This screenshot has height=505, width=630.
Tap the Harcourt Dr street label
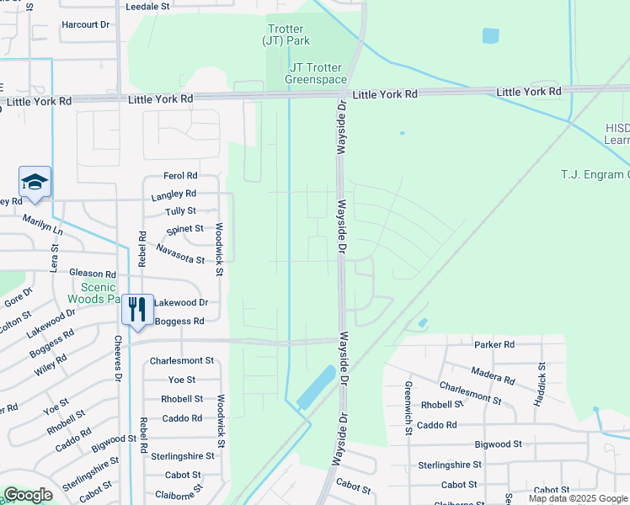click(x=86, y=24)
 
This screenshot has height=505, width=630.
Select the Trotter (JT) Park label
click(x=289, y=35)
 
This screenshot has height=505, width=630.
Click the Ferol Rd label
click(x=180, y=176)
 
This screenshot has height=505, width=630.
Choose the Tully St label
click(x=181, y=211)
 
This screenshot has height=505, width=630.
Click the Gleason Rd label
click(x=92, y=274)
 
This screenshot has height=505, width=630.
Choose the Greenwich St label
click(x=408, y=407)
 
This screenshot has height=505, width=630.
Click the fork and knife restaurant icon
click(x=136, y=309)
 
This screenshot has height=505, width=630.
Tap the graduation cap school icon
click(x=35, y=183)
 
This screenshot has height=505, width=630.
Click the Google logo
click(x=29, y=495)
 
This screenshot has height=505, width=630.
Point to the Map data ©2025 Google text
click(x=577, y=498)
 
